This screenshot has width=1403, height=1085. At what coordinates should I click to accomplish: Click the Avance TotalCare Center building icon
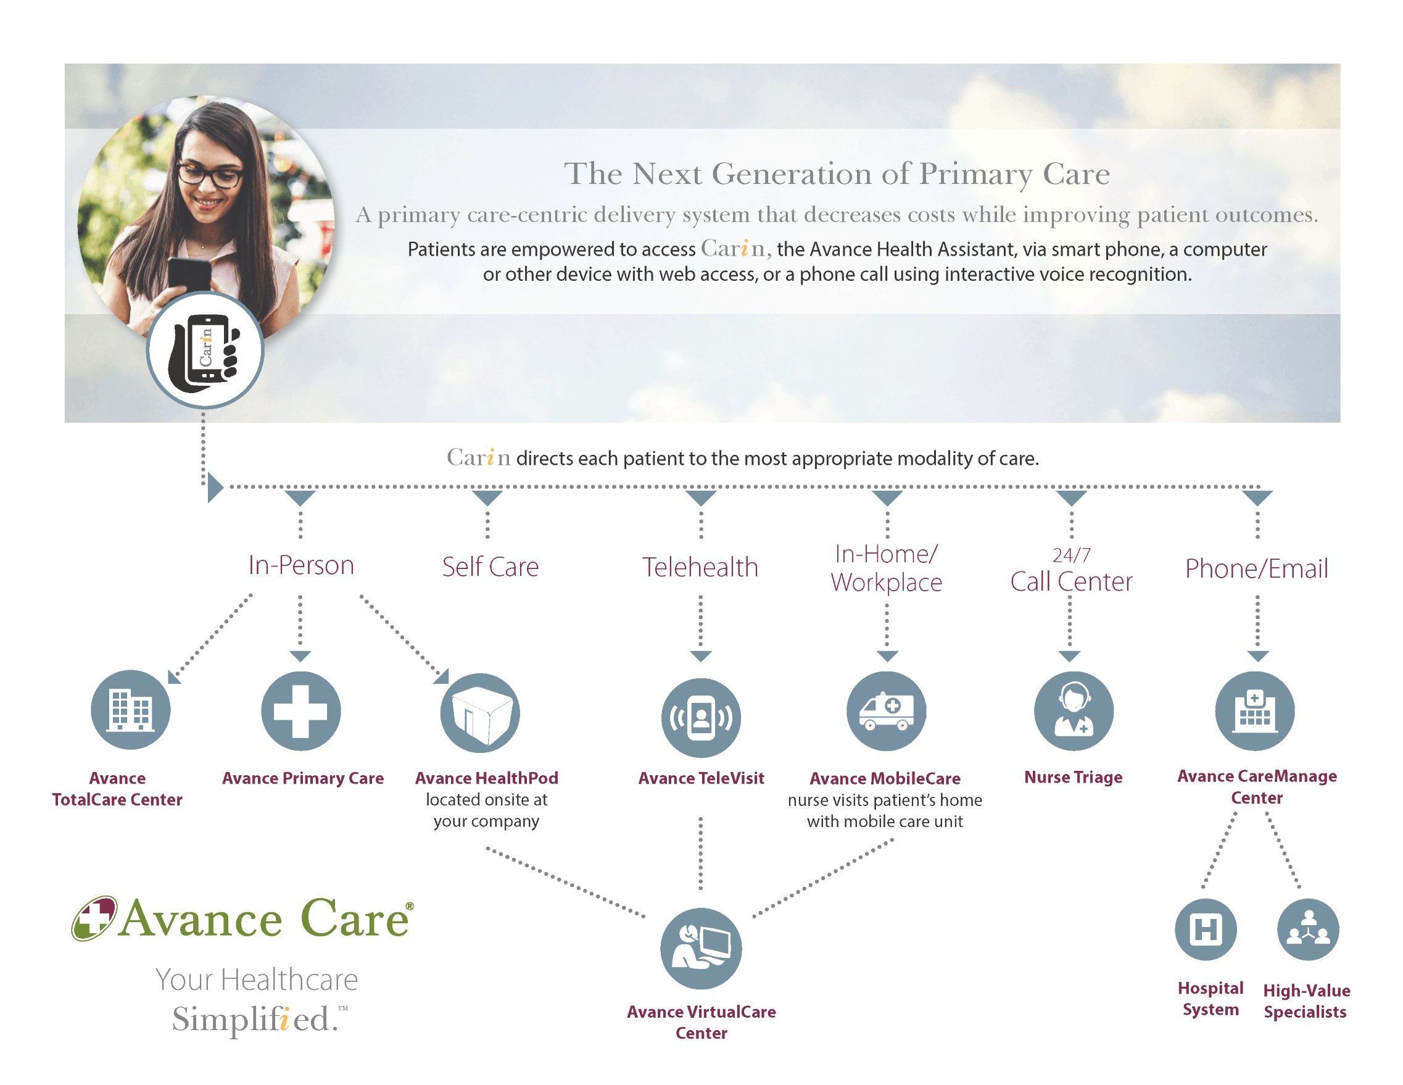130,710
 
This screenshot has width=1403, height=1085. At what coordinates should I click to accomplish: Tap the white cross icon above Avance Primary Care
300,711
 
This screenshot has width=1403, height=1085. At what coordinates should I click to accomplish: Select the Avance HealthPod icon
480,713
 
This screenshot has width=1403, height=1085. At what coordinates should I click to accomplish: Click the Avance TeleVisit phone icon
701,717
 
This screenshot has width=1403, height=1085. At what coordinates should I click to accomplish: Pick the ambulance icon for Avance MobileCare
887,711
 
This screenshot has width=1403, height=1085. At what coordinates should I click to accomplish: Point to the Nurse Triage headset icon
1074,711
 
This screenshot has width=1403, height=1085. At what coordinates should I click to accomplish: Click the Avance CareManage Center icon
1254,711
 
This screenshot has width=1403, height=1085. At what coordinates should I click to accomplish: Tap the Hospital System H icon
1206,929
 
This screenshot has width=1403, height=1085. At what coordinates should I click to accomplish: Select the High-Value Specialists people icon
1308,929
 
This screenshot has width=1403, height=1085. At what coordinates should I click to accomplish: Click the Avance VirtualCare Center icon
701,949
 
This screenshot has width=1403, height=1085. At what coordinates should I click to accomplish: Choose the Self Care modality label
490,567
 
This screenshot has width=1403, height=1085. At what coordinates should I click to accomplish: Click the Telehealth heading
700,567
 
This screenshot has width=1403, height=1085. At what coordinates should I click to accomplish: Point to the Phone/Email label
1257,569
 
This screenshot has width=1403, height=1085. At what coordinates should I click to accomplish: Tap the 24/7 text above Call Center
1072,554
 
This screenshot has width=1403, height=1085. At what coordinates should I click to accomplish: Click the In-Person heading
301,565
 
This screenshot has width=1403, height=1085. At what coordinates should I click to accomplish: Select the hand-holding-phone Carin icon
205,351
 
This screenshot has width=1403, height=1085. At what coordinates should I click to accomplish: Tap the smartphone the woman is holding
189,274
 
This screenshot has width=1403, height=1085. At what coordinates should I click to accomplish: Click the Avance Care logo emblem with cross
94,918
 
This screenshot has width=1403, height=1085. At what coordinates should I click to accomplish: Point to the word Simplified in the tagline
252,1019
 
